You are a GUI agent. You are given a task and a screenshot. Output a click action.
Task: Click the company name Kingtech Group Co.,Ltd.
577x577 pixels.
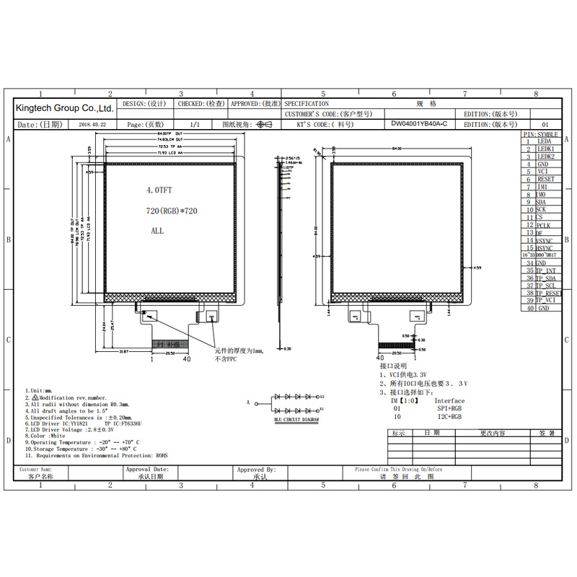pyautogui.click(x=64, y=108)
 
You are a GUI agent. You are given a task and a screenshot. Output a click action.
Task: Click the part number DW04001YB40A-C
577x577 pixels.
pyautogui.click(x=419, y=124)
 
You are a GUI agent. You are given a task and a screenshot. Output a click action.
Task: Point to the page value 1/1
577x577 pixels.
pyautogui.click(x=194, y=124)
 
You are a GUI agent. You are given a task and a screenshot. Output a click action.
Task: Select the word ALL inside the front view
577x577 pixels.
pyautogui.click(x=157, y=231)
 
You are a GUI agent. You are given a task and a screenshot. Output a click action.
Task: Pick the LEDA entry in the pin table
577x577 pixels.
pyautogui.click(x=545, y=141)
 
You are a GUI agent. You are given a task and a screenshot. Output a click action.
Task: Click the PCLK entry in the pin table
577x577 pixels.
pyautogui.click(x=545, y=225)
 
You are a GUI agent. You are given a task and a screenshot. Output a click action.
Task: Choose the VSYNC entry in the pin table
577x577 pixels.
pyautogui.click(x=545, y=240)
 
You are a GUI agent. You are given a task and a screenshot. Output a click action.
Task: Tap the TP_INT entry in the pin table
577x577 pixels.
pyautogui.click(x=546, y=270)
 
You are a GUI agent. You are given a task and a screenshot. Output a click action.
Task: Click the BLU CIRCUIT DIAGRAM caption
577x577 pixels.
pyautogui.click(x=296, y=418)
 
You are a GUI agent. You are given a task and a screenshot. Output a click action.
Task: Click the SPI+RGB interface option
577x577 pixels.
pyautogui.click(x=451, y=408)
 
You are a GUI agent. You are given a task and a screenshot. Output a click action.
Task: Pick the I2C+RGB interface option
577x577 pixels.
pyautogui.click(x=451, y=416)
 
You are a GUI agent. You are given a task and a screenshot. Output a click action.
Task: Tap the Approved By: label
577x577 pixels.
pyautogui.click(x=256, y=470)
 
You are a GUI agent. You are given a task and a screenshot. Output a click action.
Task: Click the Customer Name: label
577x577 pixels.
pyautogui.click(x=37, y=470)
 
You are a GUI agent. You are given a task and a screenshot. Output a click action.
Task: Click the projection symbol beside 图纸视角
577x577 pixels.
pyautogui.click(x=264, y=124)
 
